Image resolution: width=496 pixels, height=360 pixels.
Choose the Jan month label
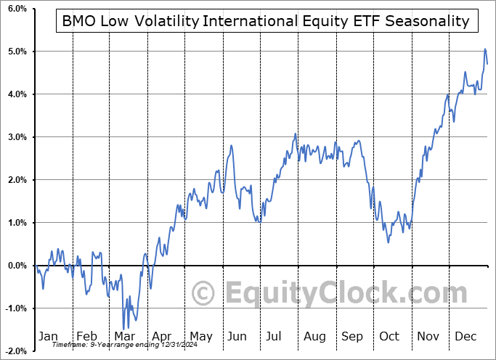(x=47, y=336)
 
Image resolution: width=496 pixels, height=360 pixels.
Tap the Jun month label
(x=237, y=336)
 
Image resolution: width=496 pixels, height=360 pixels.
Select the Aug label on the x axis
(x=314, y=336)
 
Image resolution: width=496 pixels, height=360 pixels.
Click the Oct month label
(x=389, y=336)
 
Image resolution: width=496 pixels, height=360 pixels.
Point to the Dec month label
(x=466, y=336)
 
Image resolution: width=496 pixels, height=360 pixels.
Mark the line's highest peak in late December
(x=485, y=49)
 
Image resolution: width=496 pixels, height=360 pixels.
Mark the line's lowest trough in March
(x=123, y=328)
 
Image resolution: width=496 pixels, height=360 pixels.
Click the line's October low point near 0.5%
(x=389, y=242)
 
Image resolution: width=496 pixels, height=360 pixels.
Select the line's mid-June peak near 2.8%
(x=231, y=145)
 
